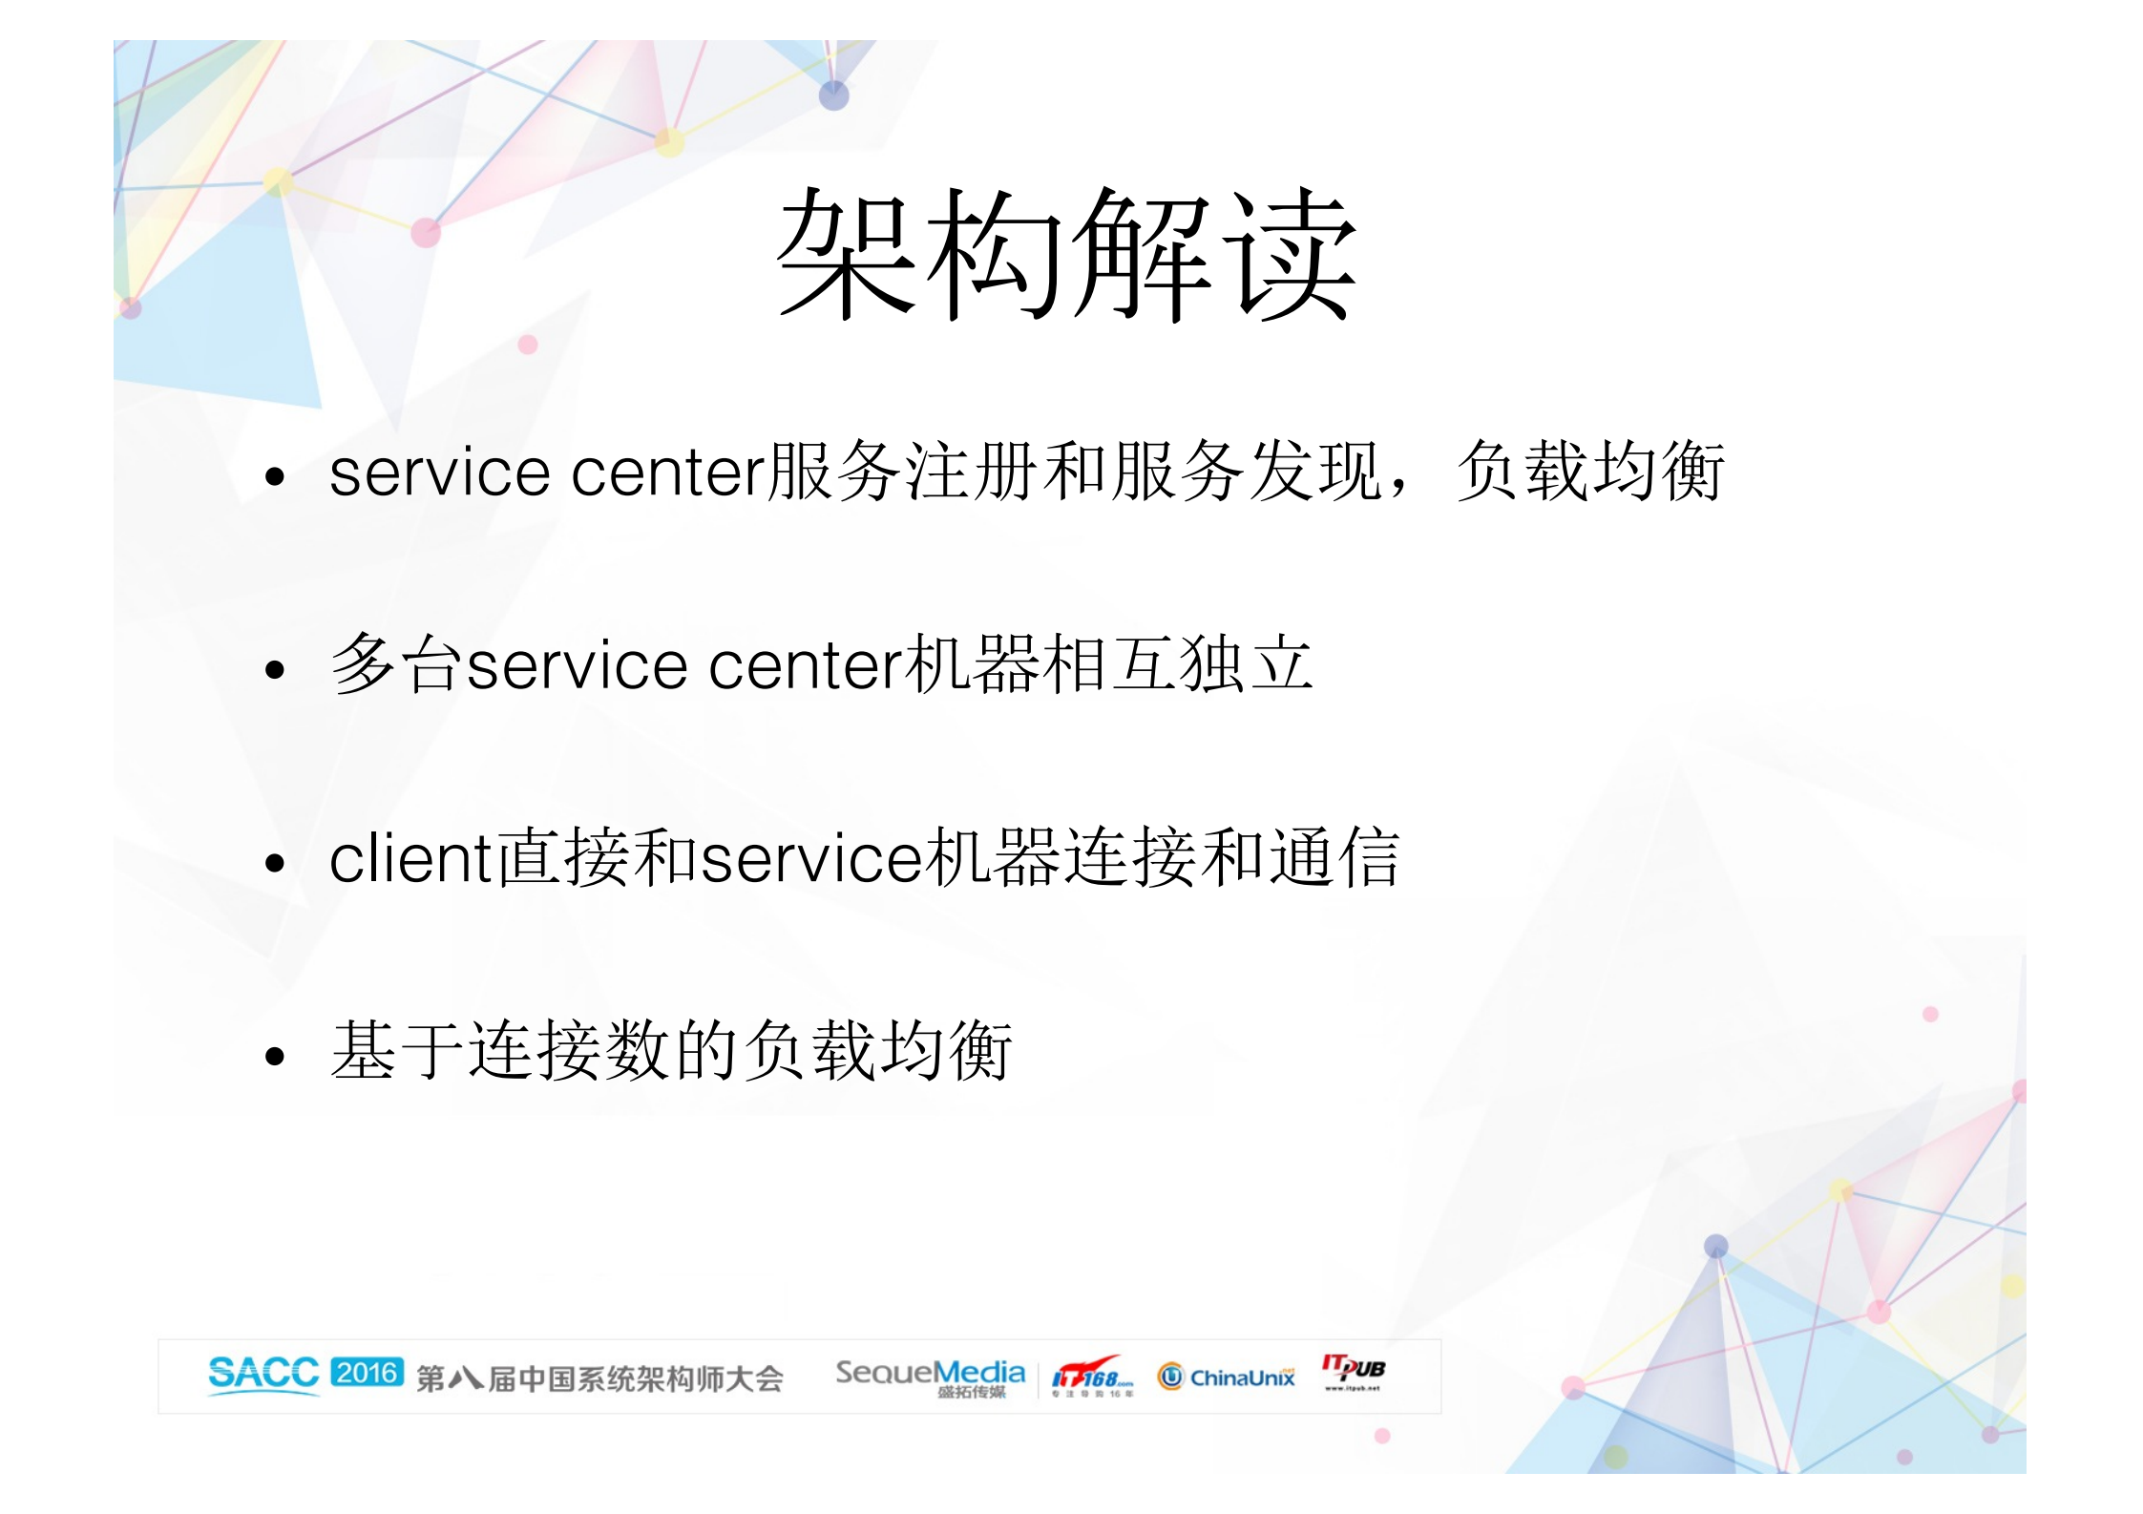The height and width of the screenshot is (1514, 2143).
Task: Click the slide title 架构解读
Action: tap(1066, 254)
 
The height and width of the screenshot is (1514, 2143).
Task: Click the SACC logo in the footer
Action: tap(263, 1375)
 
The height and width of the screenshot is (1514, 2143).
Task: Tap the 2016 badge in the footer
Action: tap(368, 1373)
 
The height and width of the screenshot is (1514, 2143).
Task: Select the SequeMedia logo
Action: tap(930, 1376)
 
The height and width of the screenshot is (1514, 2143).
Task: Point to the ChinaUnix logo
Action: tap(1227, 1377)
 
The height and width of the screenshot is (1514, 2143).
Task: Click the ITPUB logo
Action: tap(1354, 1371)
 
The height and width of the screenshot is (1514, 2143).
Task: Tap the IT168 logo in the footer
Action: tap(1092, 1377)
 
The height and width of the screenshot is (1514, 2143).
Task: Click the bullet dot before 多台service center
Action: tap(276, 670)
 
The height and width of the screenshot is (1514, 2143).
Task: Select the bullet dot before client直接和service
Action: tap(276, 864)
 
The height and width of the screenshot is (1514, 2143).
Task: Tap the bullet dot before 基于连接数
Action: tap(276, 1056)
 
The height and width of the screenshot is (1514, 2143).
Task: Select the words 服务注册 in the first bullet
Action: tap(904, 472)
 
